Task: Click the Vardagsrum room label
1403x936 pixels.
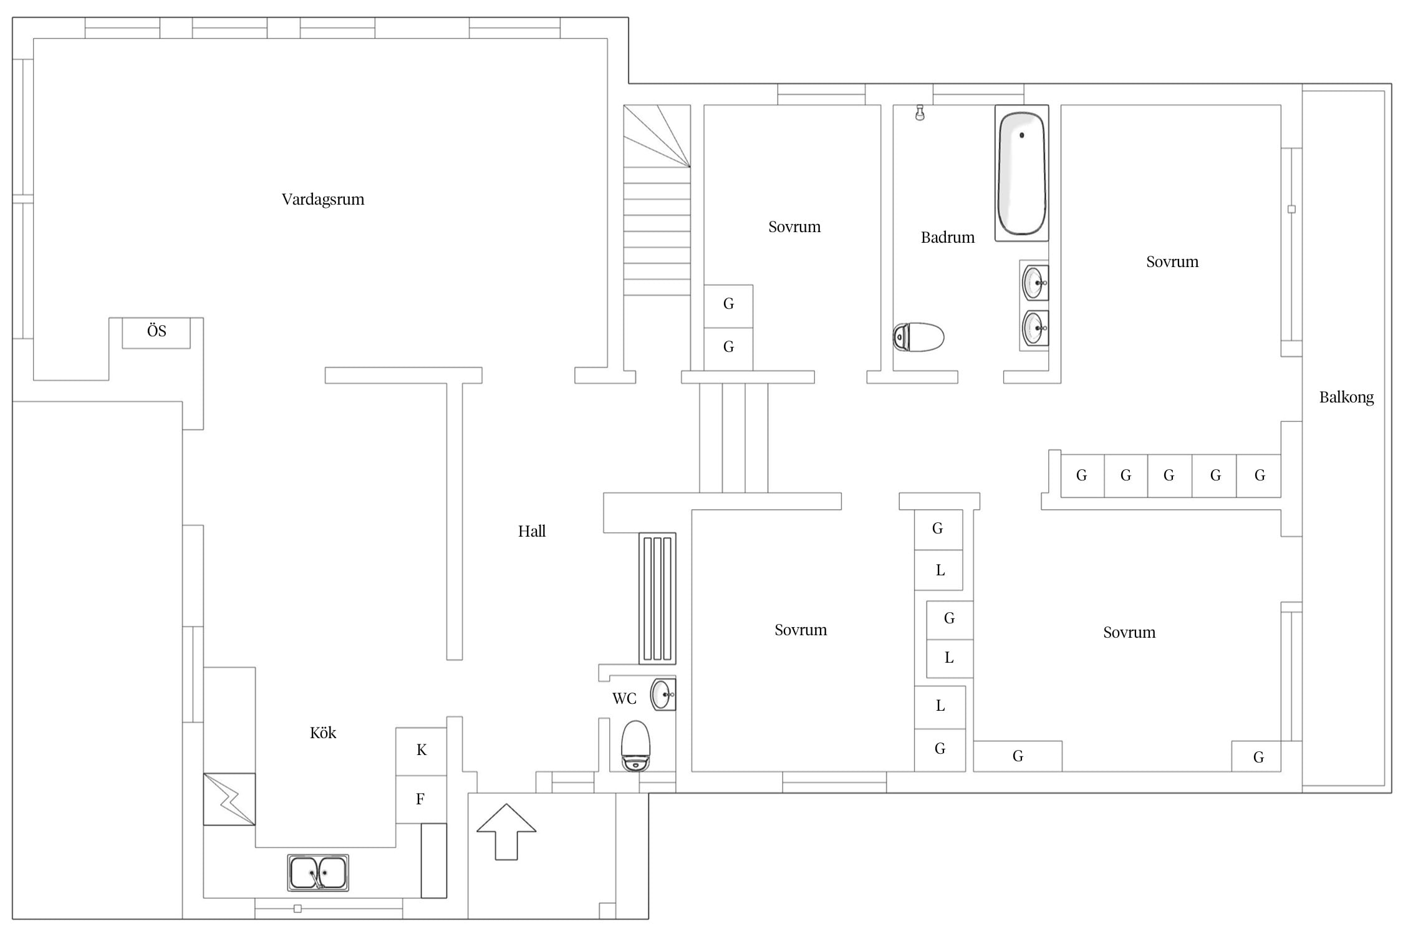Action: click(x=323, y=200)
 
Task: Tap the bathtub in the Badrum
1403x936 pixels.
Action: click(x=1021, y=173)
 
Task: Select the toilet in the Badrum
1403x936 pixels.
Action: click(x=918, y=338)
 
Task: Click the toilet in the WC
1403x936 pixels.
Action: click(x=636, y=746)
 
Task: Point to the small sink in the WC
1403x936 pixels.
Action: click(x=663, y=695)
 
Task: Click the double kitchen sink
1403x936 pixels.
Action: click(x=318, y=872)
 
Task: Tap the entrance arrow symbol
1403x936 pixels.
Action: click(x=506, y=832)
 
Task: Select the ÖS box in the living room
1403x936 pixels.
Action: click(x=156, y=333)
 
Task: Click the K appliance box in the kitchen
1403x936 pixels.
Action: click(x=422, y=751)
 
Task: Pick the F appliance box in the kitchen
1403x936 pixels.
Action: click(x=422, y=799)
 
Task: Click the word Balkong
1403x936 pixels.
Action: click(x=1346, y=397)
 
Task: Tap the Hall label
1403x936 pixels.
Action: click(x=532, y=531)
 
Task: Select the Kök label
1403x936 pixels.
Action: click(x=323, y=733)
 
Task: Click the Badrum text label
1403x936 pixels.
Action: click(x=948, y=237)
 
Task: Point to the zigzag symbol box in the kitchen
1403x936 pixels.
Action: click(x=229, y=799)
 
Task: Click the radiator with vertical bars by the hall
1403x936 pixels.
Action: click(x=657, y=598)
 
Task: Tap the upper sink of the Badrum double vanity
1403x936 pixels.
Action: click(x=1034, y=283)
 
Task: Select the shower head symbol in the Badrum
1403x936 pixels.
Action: click(x=920, y=113)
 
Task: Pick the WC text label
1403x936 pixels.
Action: click(x=624, y=699)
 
